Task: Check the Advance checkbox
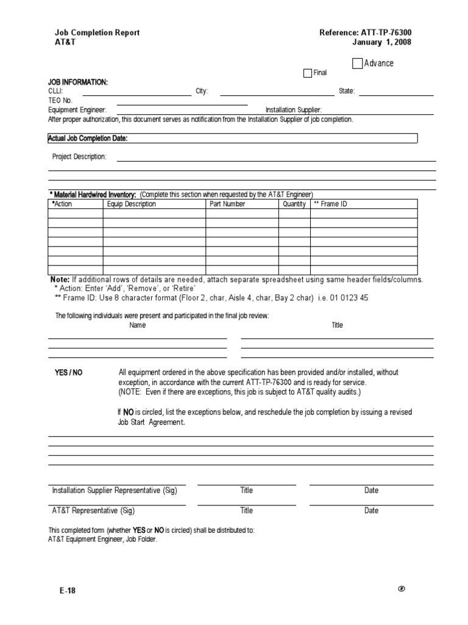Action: click(x=357, y=63)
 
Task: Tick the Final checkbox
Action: click(x=308, y=73)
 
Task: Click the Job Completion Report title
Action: click(x=97, y=33)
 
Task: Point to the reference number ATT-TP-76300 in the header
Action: click(x=370, y=33)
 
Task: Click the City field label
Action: click(x=202, y=92)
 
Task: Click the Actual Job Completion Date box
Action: click(x=233, y=139)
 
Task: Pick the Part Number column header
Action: click(x=227, y=204)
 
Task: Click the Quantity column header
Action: click(x=294, y=204)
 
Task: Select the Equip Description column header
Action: click(x=132, y=204)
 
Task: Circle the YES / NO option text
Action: click(x=69, y=373)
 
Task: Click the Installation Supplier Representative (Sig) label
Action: click(x=115, y=491)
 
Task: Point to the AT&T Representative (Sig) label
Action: click(x=93, y=511)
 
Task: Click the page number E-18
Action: click(x=68, y=591)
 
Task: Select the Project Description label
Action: click(x=80, y=157)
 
